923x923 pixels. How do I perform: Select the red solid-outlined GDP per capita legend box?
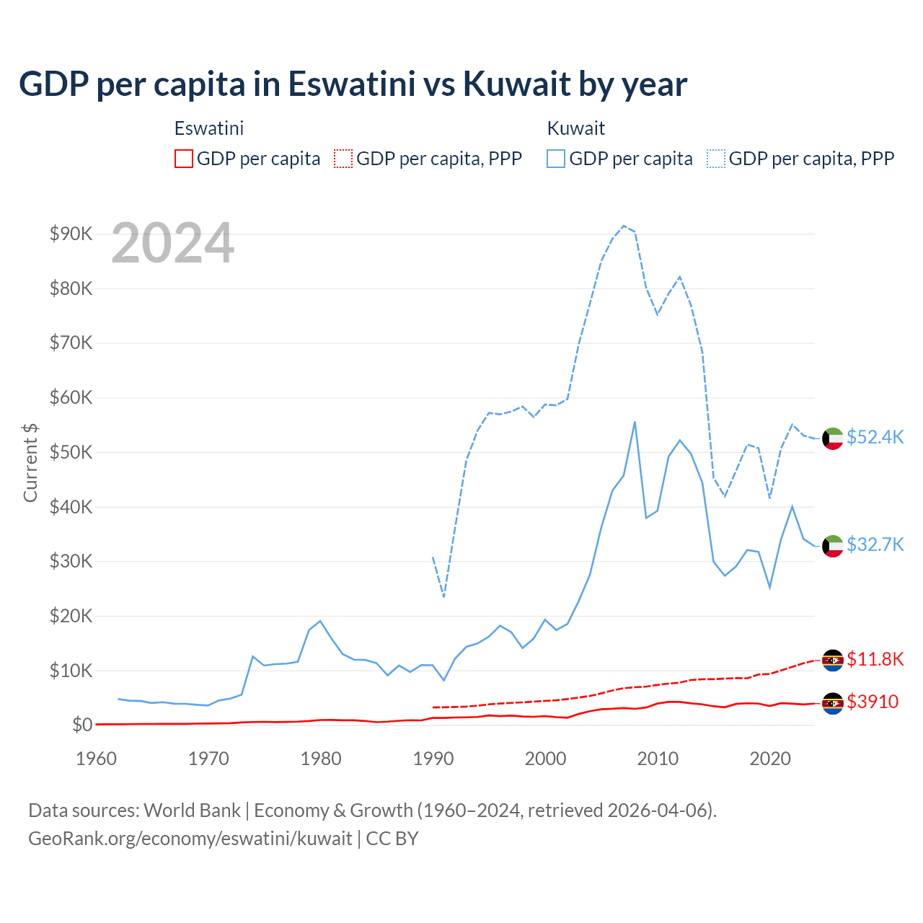184,159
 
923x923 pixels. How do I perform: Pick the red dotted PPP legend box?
343,159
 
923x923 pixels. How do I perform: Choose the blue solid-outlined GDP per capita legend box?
556,159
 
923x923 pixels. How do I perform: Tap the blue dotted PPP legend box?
716,159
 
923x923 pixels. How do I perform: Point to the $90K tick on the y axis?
71,234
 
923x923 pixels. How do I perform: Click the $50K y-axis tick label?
71,452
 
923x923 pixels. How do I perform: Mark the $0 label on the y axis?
81,725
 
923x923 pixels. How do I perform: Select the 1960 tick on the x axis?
96,759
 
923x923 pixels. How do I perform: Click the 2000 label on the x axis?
546,759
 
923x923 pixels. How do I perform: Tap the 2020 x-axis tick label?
770,759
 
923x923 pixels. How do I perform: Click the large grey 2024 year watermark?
172,243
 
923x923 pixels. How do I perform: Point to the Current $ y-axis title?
30,462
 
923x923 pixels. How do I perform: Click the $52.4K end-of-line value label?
875,438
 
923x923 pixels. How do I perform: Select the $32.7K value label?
875,544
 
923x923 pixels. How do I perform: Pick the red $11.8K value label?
875,659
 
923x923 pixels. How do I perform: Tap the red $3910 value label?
873,702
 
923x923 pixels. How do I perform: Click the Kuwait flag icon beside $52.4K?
833,438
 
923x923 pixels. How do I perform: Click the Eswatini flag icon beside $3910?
833,703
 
